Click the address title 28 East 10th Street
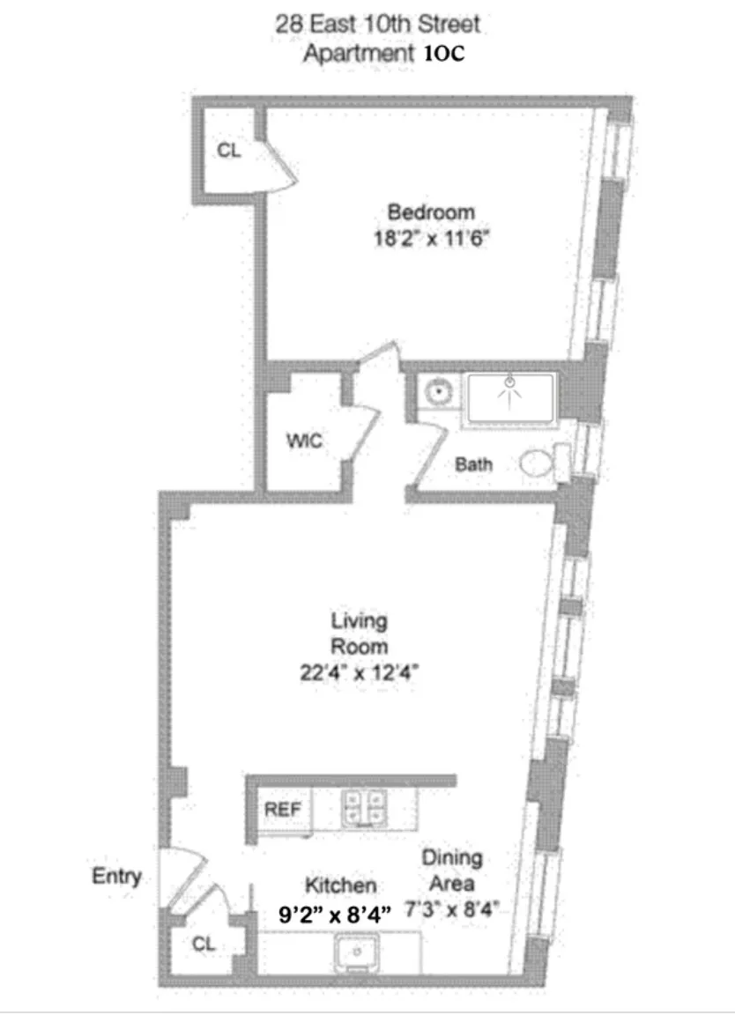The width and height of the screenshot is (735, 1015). pyautogui.click(x=379, y=23)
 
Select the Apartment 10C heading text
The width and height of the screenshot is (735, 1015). pyautogui.click(x=383, y=53)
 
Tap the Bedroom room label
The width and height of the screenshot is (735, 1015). pyautogui.click(x=431, y=212)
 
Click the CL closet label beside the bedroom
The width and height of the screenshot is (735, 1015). pyautogui.click(x=228, y=151)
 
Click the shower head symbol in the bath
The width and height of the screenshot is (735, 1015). pyautogui.click(x=509, y=384)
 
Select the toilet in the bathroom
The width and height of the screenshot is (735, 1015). pyautogui.click(x=538, y=463)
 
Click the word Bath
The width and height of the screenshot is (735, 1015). pyautogui.click(x=473, y=464)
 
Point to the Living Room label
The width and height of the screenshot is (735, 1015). pyautogui.click(x=359, y=633)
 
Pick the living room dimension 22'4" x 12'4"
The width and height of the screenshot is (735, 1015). pyautogui.click(x=359, y=674)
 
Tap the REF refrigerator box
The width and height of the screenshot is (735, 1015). pyautogui.click(x=283, y=810)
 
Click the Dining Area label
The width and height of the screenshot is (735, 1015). pyautogui.click(x=450, y=871)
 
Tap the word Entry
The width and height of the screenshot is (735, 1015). pyautogui.click(x=116, y=877)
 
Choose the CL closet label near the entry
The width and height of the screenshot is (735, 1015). pyautogui.click(x=204, y=944)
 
